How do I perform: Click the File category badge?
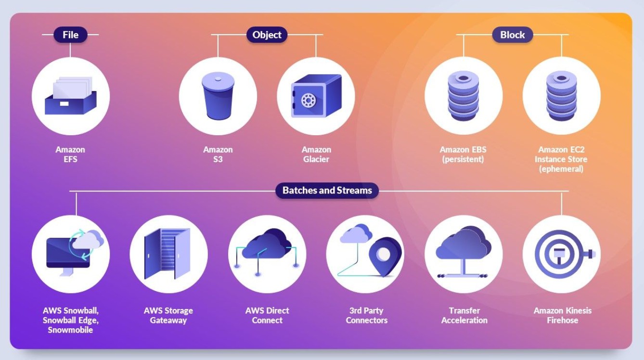[x=70, y=35]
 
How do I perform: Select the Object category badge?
[x=267, y=35]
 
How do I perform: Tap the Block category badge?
[x=513, y=35]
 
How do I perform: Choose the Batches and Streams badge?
[x=327, y=191]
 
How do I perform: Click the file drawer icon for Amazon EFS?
[x=71, y=95]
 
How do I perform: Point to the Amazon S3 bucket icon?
[x=218, y=95]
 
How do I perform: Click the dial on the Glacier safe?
[x=309, y=101]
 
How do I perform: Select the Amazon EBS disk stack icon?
[x=463, y=96]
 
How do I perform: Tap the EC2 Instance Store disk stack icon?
[x=561, y=96]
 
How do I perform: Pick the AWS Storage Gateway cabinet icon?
[x=167, y=254]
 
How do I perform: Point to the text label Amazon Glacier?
[x=316, y=154]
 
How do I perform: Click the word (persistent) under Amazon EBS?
[x=463, y=159]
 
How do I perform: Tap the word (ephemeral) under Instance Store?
[x=561, y=169]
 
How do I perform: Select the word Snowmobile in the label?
[x=70, y=330]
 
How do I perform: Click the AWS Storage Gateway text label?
[x=168, y=315]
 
